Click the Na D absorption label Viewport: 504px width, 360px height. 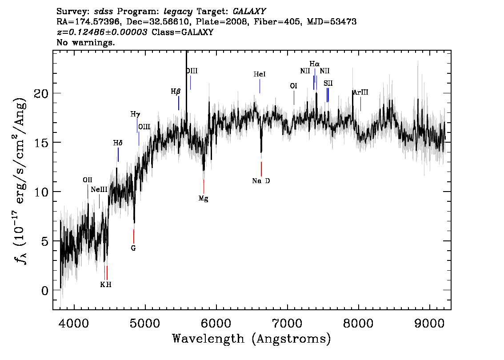pos(261,181)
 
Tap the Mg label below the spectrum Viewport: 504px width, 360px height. pos(204,199)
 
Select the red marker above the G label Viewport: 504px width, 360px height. pos(134,236)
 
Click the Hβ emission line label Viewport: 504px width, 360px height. pos(176,92)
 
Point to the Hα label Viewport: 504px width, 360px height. pos(314,64)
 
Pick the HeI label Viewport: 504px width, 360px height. pos(260,74)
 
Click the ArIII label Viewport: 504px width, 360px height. pos(360,92)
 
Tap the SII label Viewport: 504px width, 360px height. pos(328,84)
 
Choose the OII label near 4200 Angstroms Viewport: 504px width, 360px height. pos(88,180)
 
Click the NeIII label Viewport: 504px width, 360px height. pos(99,190)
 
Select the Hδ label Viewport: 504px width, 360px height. pos(118,143)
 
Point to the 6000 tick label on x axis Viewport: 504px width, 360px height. pos(216,323)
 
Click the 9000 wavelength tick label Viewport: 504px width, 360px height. pos(429,323)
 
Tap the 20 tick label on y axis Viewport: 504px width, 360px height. pos(41,93)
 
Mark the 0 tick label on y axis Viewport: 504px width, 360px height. pos(45,291)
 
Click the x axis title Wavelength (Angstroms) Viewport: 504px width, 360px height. pos(252,339)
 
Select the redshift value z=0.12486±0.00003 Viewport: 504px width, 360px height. pos(102,32)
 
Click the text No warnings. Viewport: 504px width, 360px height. pos(85,42)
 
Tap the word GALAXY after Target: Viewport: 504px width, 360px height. pos(249,12)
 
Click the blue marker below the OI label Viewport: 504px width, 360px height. pos(294,98)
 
